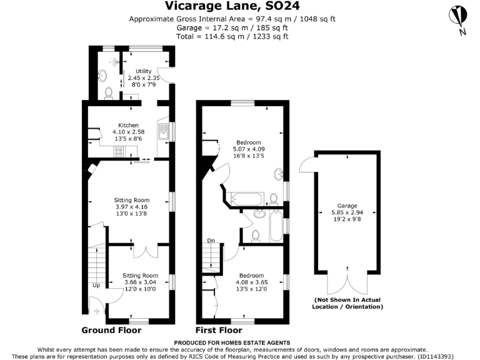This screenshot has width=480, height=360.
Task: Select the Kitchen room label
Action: click(128, 125)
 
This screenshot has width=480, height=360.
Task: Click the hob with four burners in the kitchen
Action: click(118, 152)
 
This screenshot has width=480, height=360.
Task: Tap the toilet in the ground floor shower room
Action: click(109, 93)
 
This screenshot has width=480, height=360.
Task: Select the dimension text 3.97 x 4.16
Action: click(131, 207)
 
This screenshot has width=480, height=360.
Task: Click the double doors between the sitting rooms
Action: click(145, 251)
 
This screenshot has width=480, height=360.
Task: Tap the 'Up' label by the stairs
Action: click(96, 285)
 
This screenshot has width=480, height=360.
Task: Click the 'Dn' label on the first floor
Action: click(212, 240)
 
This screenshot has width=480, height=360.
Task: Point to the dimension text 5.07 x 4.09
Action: click(249, 149)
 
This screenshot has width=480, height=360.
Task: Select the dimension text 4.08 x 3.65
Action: click(251, 282)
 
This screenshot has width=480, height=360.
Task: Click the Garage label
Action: click(346, 206)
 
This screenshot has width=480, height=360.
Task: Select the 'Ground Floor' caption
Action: click(111, 330)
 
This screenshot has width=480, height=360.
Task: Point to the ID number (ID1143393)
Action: click(453, 356)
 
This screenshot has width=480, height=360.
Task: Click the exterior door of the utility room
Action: click(166, 76)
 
